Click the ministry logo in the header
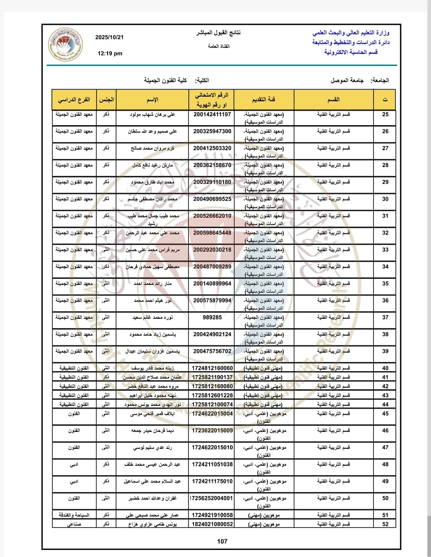point(65,45)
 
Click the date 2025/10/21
point(109,37)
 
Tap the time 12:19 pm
point(110,53)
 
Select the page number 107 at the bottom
point(222,541)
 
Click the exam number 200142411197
point(212,114)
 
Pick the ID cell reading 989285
point(212,317)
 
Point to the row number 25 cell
point(385,114)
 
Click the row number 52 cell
point(385,524)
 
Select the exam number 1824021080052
point(212,524)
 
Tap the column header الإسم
point(152,99)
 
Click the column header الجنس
point(106,99)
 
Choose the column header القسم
point(334,99)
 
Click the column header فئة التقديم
point(264,99)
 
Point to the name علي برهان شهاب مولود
point(152,115)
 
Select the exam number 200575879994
point(212,300)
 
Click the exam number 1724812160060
point(212,368)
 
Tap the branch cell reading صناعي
point(74,524)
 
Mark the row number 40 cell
point(385,368)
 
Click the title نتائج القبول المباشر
point(218,33)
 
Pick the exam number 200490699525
point(212,199)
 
